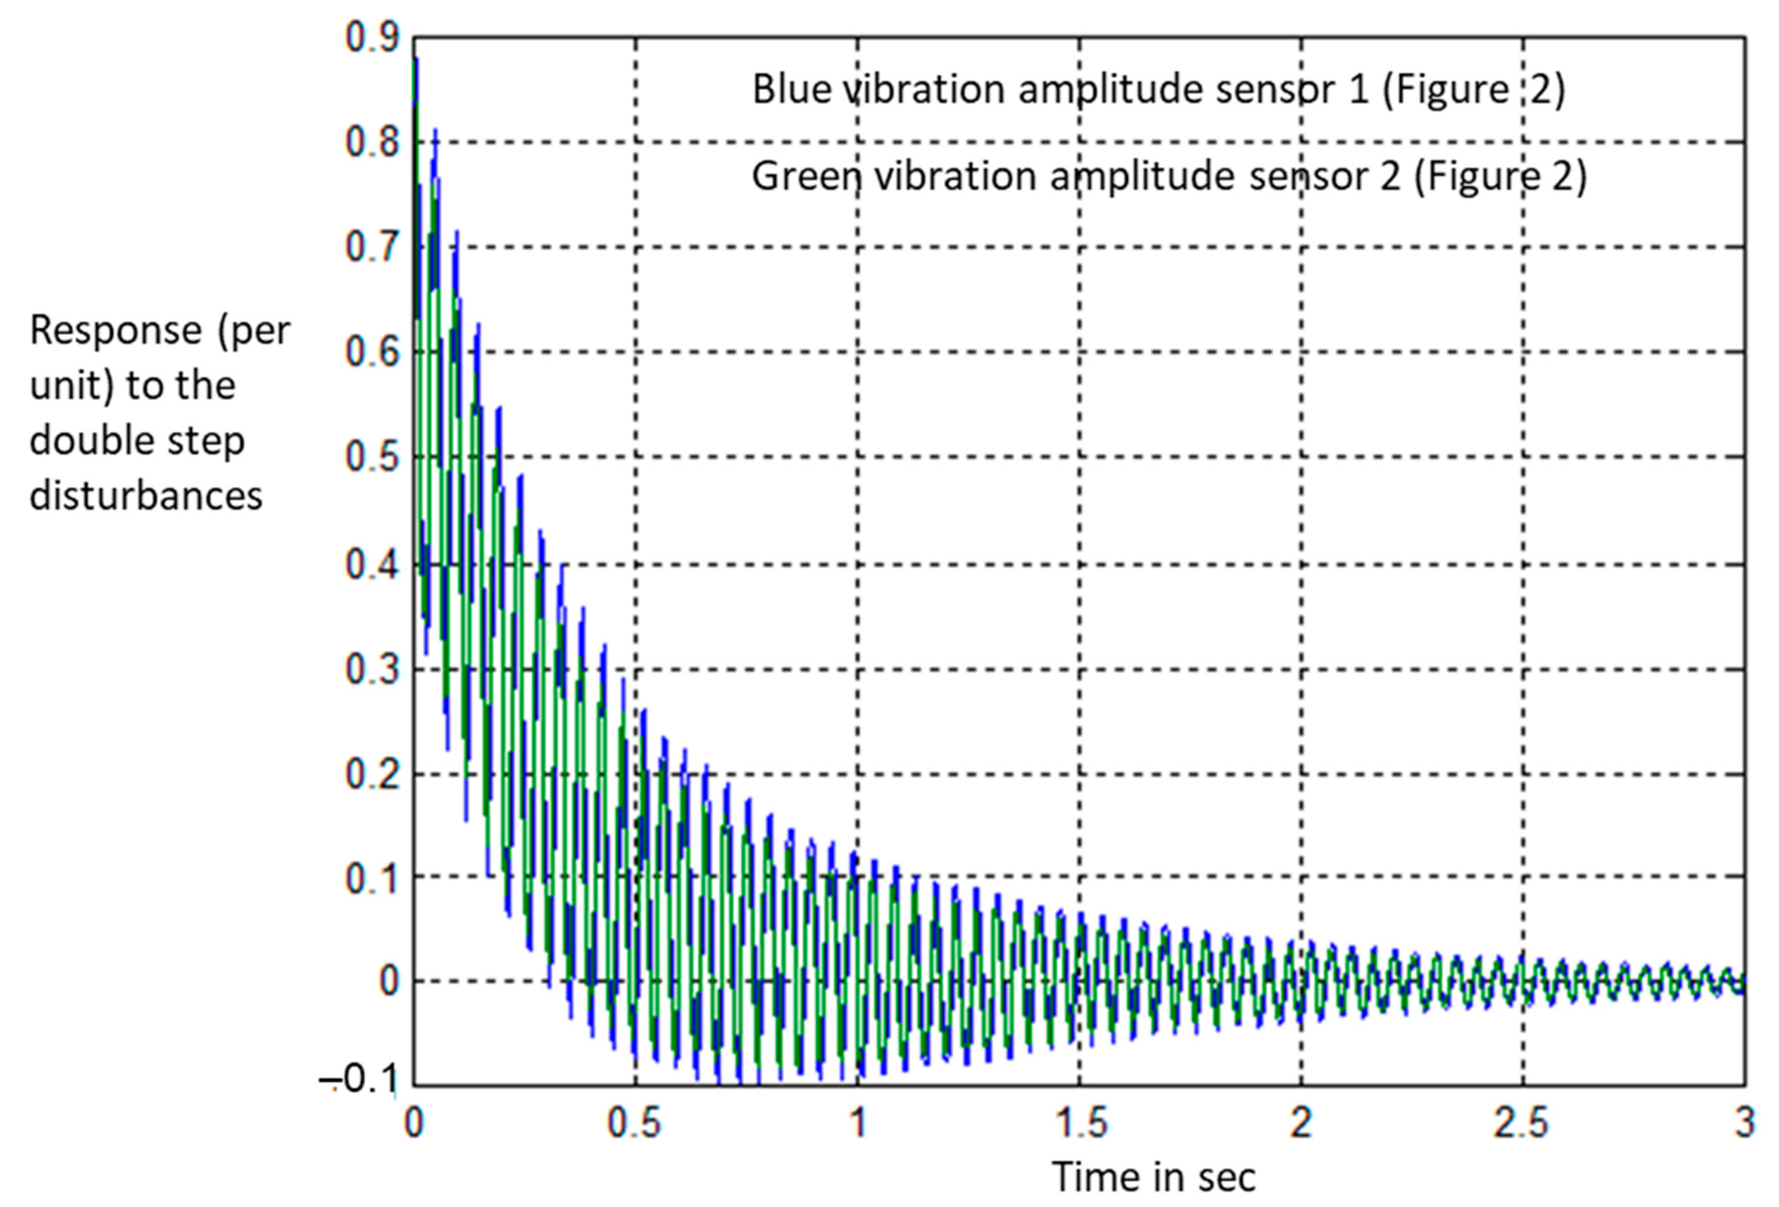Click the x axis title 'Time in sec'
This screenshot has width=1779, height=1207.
point(1153,1177)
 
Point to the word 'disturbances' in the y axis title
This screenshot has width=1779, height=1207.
point(145,496)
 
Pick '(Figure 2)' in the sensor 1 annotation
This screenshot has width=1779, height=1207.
point(1474,90)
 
